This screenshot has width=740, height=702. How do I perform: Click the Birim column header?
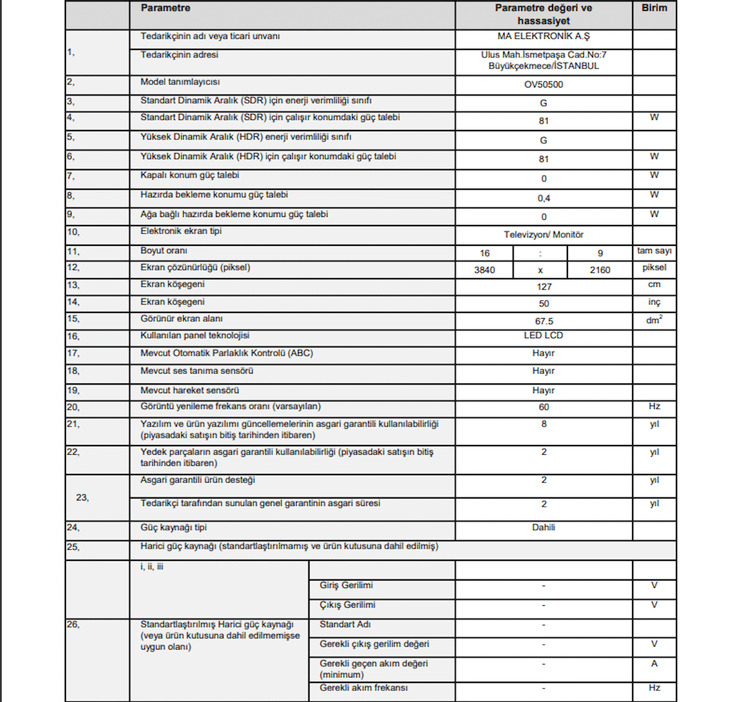[x=654, y=8]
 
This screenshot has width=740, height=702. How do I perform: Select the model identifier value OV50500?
[x=543, y=84]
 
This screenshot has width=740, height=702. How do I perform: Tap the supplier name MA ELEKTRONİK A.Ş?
[x=543, y=36]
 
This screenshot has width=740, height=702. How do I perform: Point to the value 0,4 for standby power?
[x=543, y=198]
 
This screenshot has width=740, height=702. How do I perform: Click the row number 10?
[x=73, y=232]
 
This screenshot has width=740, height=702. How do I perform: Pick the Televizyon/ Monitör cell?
[x=543, y=235]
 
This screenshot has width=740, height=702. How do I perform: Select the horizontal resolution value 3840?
[x=485, y=270]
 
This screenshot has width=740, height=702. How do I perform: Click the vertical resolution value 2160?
[x=599, y=270]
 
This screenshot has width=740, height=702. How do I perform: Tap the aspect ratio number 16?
[x=485, y=253]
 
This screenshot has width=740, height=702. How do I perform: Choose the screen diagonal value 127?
[x=543, y=287]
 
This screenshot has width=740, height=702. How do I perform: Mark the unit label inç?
[x=654, y=302]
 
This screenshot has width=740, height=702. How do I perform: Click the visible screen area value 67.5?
[x=543, y=321]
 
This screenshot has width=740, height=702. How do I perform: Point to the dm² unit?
[x=654, y=320]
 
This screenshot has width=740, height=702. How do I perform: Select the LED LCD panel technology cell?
[x=543, y=335]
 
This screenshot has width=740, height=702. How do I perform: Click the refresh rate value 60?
[x=543, y=407]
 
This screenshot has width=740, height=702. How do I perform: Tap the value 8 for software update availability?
[x=543, y=424]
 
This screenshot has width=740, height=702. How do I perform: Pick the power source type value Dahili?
[x=543, y=528]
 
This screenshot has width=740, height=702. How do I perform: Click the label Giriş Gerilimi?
[x=346, y=586]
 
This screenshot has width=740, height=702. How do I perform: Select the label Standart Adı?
[x=345, y=624]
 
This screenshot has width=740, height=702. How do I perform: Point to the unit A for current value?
[x=654, y=664]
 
